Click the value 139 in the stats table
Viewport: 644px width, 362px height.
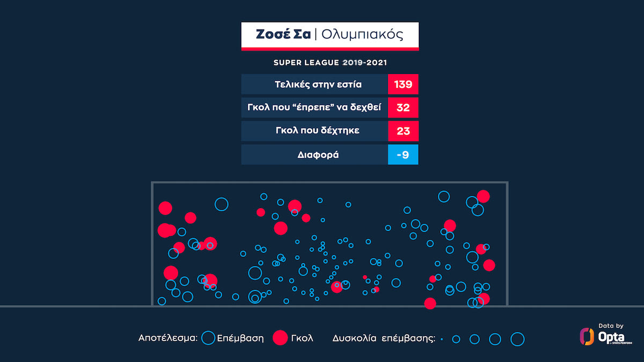pos(402,84)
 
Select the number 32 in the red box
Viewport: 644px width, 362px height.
pos(402,108)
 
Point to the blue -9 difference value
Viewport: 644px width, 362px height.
pos(402,155)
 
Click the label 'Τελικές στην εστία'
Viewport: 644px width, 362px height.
pos(314,84)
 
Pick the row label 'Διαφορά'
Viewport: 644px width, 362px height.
pos(314,155)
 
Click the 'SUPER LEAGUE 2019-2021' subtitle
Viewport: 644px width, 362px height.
pos(330,63)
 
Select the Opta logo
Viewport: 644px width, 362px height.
pos(604,337)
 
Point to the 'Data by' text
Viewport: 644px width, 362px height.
pos(611,326)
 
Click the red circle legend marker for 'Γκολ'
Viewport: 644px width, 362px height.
pos(280,338)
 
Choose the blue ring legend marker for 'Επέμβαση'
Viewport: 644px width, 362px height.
pos(208,338)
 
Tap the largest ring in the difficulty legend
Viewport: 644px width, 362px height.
pos(517,339)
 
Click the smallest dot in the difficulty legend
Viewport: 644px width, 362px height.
pos(442,339)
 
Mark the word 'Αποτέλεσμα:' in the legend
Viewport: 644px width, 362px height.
pos(168,338)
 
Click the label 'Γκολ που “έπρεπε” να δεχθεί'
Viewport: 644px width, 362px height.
pos(314,108)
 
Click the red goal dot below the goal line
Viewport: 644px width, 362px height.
pos(430,304)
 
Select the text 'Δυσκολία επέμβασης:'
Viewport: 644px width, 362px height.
pos(383,338)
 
